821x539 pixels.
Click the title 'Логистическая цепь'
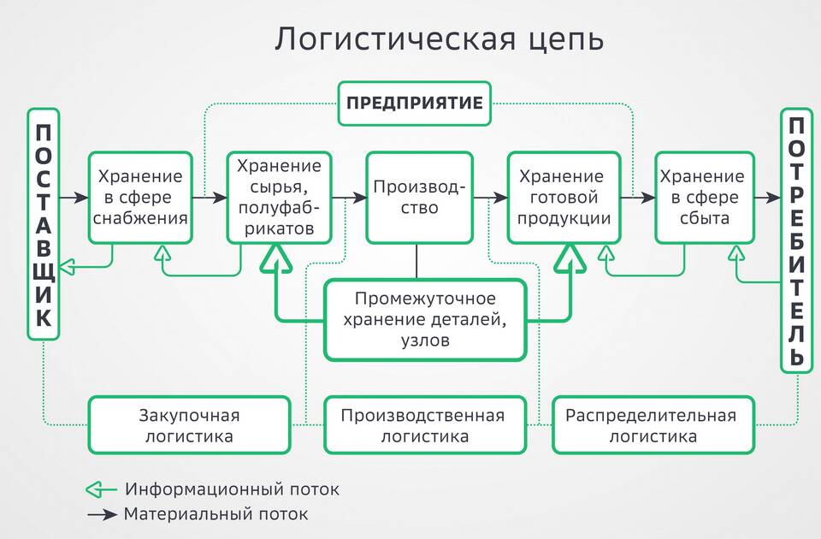440,39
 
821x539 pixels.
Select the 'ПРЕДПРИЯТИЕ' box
414,104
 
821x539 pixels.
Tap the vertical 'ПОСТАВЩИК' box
44,224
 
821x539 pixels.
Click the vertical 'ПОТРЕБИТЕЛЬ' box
796,240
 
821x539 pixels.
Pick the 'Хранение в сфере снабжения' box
140,198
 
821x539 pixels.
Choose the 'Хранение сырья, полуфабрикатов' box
279,198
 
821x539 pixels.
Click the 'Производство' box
419,198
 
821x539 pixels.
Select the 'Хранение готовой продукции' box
564,198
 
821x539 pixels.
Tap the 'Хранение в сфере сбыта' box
704,198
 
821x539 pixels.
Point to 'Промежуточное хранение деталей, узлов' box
425,319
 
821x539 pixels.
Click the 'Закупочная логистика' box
189,425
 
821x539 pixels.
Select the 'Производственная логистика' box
425,425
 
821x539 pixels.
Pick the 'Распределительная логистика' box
653,425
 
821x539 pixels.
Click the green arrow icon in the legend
101,489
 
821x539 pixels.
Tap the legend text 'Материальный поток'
216,514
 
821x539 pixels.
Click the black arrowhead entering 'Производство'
360,198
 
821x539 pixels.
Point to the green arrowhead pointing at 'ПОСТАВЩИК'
67,267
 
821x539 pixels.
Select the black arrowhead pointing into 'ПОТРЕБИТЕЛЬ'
773,198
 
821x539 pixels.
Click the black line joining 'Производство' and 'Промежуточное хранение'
416,262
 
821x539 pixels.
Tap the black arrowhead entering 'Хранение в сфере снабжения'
82,198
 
